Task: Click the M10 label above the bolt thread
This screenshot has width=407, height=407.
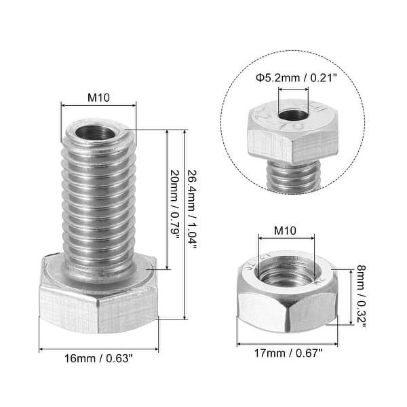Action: click(98, 96)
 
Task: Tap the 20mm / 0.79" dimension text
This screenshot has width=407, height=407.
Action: click(174, 203)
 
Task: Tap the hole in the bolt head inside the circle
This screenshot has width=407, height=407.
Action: click(292, 115)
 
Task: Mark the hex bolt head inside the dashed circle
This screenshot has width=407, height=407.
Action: click(292, 136)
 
